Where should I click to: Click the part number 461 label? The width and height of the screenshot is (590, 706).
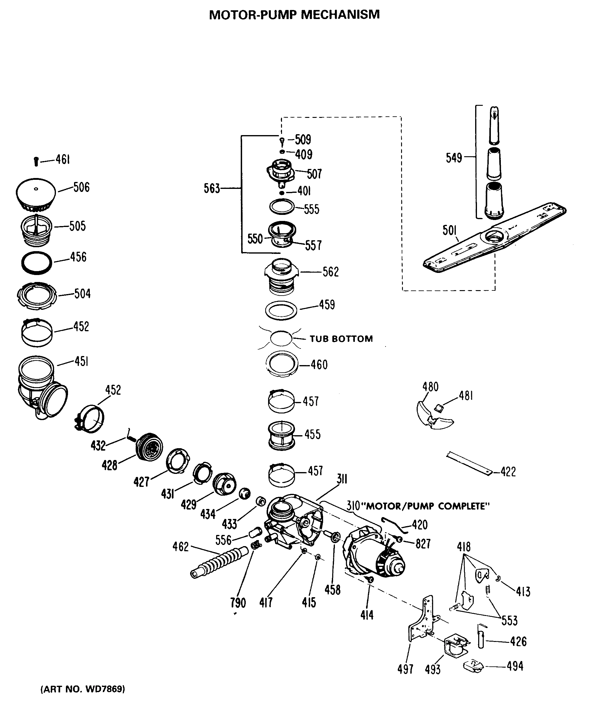tap(63, 160)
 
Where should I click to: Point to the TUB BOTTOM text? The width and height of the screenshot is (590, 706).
tap(341, 338)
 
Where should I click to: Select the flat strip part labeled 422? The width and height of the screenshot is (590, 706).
tap(469, 464)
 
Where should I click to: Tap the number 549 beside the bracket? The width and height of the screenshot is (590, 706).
tap(454, 158)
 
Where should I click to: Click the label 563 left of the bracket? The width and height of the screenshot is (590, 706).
tap(212, 189)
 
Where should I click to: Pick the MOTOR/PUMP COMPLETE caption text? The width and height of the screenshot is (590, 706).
tap(427, 506)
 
